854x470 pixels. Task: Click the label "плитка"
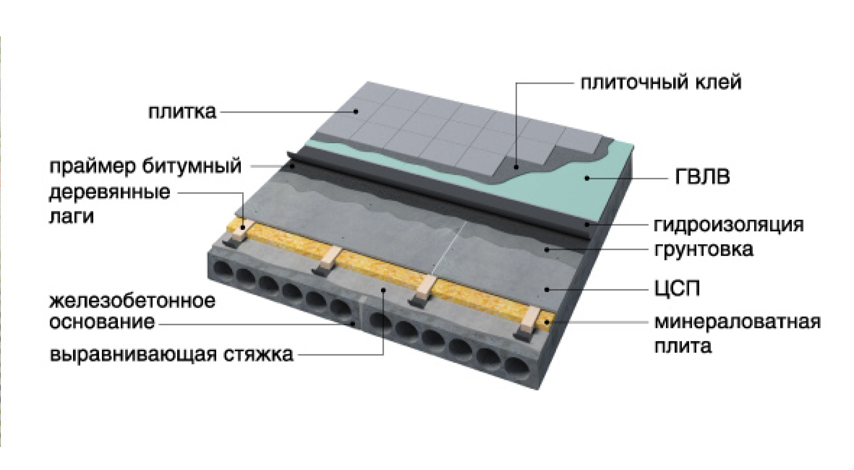tap(182, 112)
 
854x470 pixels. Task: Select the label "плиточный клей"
tap(661, 83)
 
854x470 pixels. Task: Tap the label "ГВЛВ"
tap(702, 177)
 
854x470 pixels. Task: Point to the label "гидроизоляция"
tap(729, 225)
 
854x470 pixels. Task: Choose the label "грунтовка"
tap(704, 250)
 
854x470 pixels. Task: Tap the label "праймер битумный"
tap(145, 167)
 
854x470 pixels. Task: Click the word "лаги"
tap(71, 216)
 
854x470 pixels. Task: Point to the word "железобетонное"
tap(132, 301)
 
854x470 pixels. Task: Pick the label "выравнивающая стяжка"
tap(171, 354)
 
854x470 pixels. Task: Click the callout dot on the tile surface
tap(356, 112)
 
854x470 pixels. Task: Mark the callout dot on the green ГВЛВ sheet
tap(588, 178)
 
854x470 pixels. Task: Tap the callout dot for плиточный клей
tap(517, 167)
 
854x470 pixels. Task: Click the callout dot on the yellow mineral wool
tap(548, 322)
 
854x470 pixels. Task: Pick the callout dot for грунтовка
tap(548, 249)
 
